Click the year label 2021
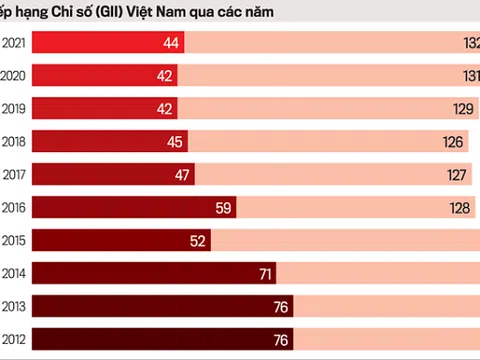click(14, 42)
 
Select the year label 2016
click(14, 207)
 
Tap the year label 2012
click(14, 339)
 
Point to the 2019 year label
click(14, 108)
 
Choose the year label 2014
click(14, 273)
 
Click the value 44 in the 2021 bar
click(170, 42)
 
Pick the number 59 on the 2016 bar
click(225, 207)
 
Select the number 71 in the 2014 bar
click(264, 273)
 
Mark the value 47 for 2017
click(183, 174)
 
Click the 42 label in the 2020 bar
click(165, 75)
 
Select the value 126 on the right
click(453, 141)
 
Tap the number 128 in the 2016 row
click(459, 207)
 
